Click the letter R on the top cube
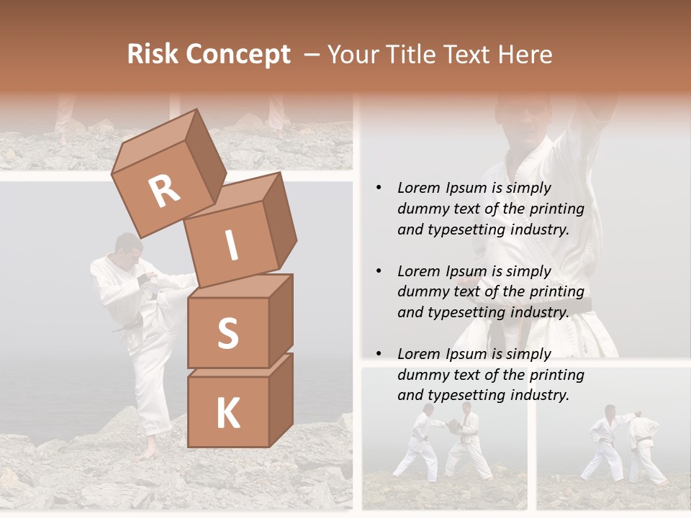pos(165,191)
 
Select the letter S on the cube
pos(228,333)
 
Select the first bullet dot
pos(379,188)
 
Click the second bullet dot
pos(379,272)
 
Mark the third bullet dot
pos(379,355)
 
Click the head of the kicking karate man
pos(127,247)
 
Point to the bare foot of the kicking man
pos(148,453)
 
